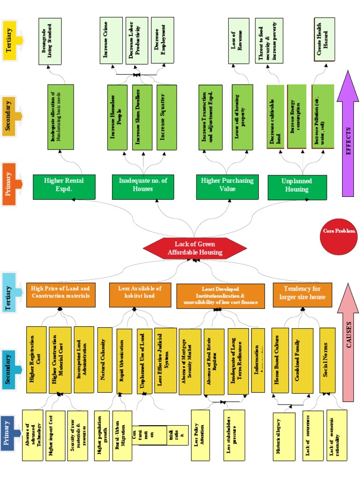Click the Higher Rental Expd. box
pyautogui.click(x=64, y=186)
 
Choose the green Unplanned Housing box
pyautogui.click(x=296, y=186)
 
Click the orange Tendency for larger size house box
pyautogui.click(x=302, y=294)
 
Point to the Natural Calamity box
pyautogui.click(x=104, y=360)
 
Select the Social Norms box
pyautogui.click(x=327, y=360)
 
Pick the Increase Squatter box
pyautogui.click(x=166, y=117)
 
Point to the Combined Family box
pyautogui.click(x=302, y=360)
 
